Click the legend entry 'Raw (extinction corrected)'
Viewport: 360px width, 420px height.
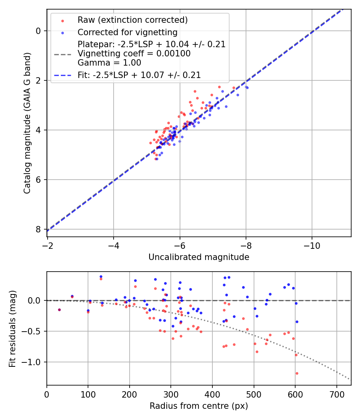tap(132, 20)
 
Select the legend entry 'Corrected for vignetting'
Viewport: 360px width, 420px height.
tap(127, 32)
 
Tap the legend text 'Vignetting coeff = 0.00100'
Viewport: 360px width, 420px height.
tap(134, 53)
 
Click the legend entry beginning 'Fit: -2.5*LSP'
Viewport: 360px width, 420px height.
tap(139, 75)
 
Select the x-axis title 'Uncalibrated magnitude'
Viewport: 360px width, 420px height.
tap(199, 257)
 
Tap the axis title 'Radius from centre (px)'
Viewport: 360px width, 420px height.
tap(199, 406)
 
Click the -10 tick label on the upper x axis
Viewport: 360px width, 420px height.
tap(312, 245)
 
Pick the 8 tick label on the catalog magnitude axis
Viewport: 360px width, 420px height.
tap(38, 229)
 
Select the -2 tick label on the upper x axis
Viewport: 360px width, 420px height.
tap(48, 245)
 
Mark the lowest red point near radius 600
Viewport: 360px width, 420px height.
tap(297, 373)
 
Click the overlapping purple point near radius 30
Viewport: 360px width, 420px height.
tap(59, 310)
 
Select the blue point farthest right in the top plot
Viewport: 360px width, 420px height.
tap(247, 87)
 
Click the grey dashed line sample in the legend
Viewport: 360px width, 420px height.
tap(62, 54)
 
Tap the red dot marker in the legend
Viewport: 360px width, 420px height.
tap(62, 20)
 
